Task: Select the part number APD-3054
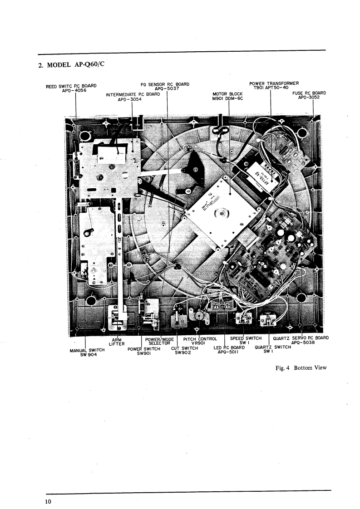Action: tap(130, 100)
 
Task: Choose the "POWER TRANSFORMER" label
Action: tap(274, 83)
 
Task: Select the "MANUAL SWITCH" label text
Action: tap(87, 350)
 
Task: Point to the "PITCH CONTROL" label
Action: tap(200, 338)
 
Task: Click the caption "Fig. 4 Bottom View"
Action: tap(301, 367)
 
